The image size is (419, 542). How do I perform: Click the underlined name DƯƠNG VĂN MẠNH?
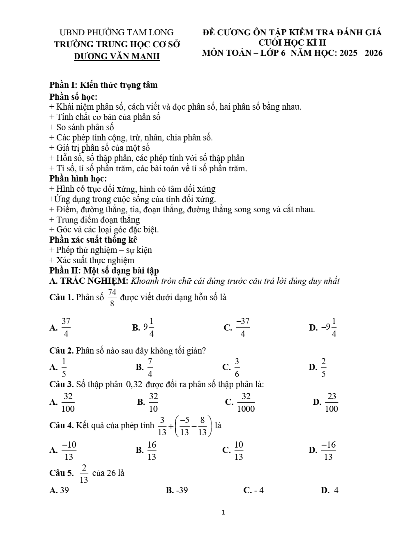click(x=117, y=56)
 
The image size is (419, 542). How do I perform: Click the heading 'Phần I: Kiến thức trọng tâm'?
click(x=103, y=85)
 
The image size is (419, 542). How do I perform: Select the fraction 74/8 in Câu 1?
click(x=112, y=298)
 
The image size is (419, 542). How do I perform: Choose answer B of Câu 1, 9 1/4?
click(x=149, y=327)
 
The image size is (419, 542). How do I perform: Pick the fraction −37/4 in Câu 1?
click(x=242, y=327)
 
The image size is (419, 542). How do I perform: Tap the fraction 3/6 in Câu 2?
click(x=237, y=367)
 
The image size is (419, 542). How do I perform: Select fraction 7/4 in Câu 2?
click(x=150, y=367)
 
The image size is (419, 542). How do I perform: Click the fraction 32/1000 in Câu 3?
click(x=246, y=402)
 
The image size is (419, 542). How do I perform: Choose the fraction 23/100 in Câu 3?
click(x=332, y=402)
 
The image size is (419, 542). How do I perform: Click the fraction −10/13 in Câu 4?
click(x=69, y=450)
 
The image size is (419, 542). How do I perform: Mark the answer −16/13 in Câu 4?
click(x=328, y=450)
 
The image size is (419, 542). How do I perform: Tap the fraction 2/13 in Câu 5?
click(x=84, y=473)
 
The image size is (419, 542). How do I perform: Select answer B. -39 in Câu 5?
click(x=177, y=490)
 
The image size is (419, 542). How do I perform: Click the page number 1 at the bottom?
click(x=223, y=512)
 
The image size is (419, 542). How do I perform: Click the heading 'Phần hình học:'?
click(x=78, y=179)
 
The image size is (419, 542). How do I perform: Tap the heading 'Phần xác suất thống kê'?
click(x=93, y=240)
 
